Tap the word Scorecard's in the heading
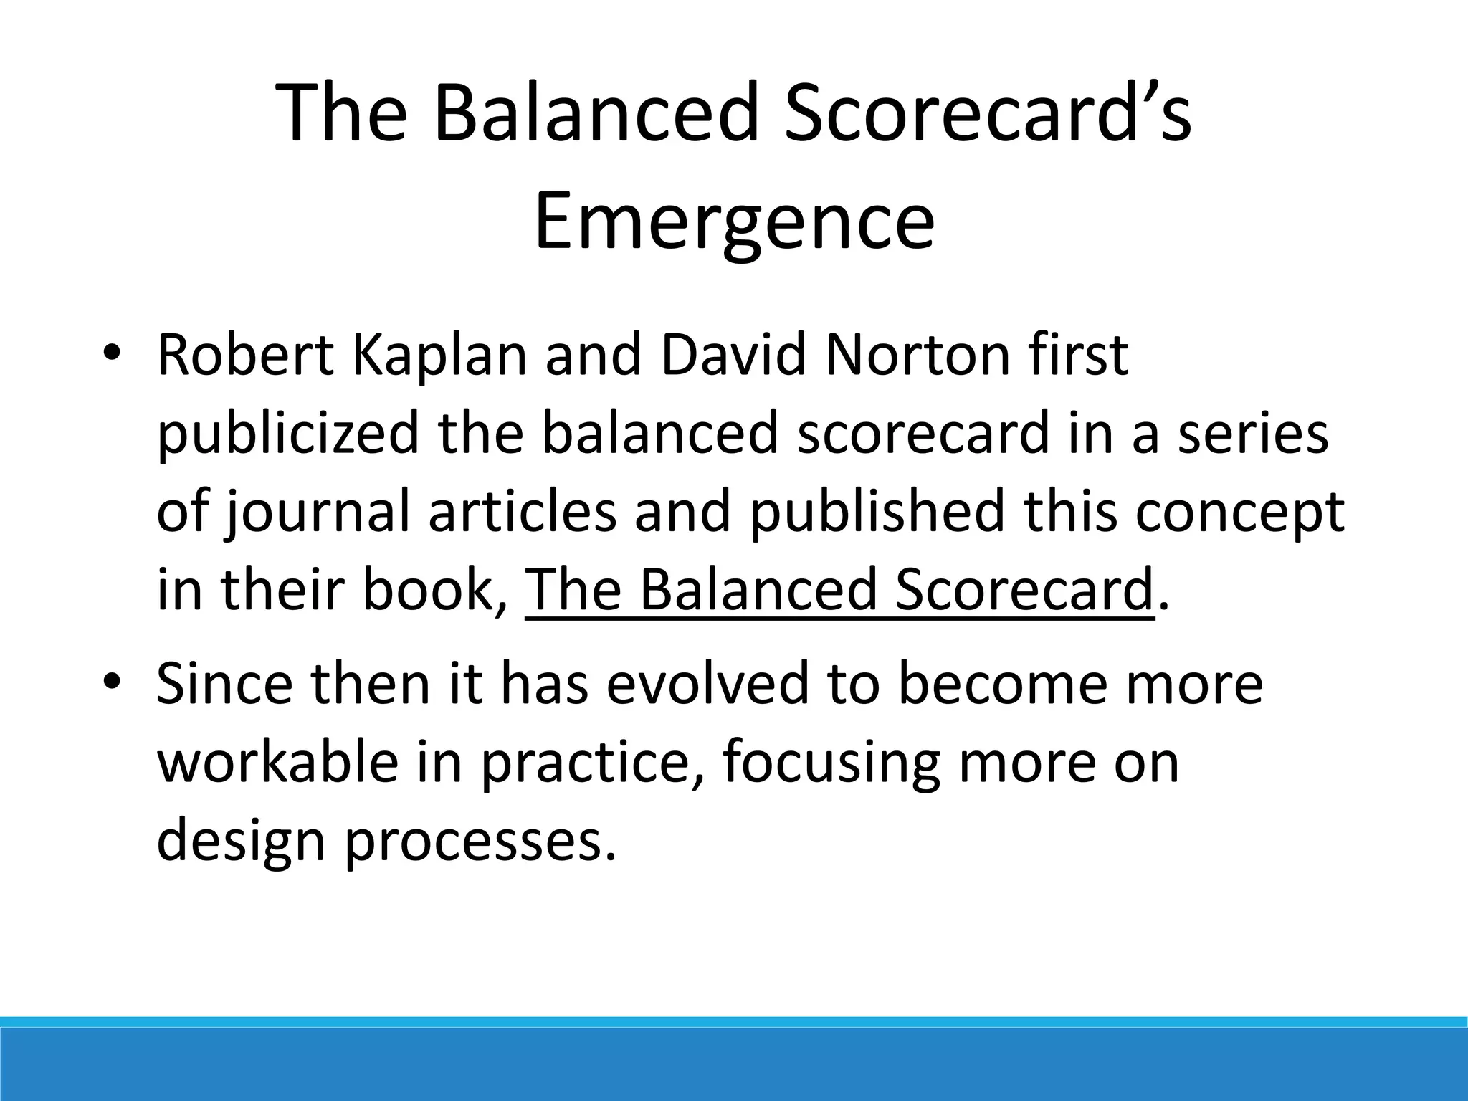[988, 113]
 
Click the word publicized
[287, 436]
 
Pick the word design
[241, 843]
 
